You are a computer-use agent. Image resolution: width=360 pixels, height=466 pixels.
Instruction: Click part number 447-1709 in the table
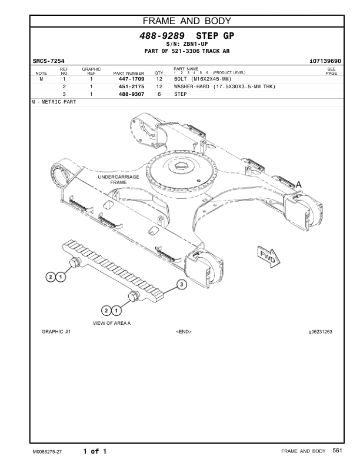[x=132, y=78]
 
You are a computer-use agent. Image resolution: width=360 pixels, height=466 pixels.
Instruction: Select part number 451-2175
[x=132, y=86]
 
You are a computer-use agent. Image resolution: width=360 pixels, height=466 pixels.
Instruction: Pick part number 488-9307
[x=132, y=94]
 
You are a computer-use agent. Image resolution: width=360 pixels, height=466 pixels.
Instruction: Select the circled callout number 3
[x=182, y=285]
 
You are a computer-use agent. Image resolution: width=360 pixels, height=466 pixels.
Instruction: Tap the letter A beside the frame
[x=298, y=185]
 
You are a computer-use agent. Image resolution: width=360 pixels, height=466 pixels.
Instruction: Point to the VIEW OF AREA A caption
[x=112, y=324]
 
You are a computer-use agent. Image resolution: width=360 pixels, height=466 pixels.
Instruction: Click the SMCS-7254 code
[x=48, y=61]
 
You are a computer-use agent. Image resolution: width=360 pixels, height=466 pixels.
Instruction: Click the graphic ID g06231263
[x=320, y=332]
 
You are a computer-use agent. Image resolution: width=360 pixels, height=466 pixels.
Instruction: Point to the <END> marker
[x=184, y=332]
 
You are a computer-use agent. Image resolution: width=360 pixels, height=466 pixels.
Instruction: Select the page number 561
[x=337, y=451]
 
